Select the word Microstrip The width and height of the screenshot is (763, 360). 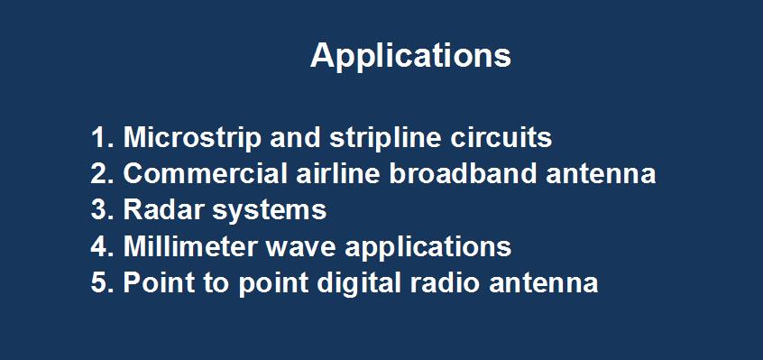click(x=192, y=139)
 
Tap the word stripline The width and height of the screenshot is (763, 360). click(x=385, y=139)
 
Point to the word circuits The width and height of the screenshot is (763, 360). click(x=501, y=138)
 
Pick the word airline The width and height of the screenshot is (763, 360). click(x=337, y=173)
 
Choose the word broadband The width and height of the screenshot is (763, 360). click(x=463, y=173)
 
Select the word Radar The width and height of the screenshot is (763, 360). click(x=159, y=210)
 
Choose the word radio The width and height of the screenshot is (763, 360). click(x=446, y=283)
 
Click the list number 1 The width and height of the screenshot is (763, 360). click(x=101, y=138)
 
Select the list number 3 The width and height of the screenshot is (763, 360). click(x=102, y=210)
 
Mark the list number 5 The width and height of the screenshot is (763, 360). click(x=102, y=283)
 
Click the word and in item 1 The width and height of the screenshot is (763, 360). click(x=296, y=138)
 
